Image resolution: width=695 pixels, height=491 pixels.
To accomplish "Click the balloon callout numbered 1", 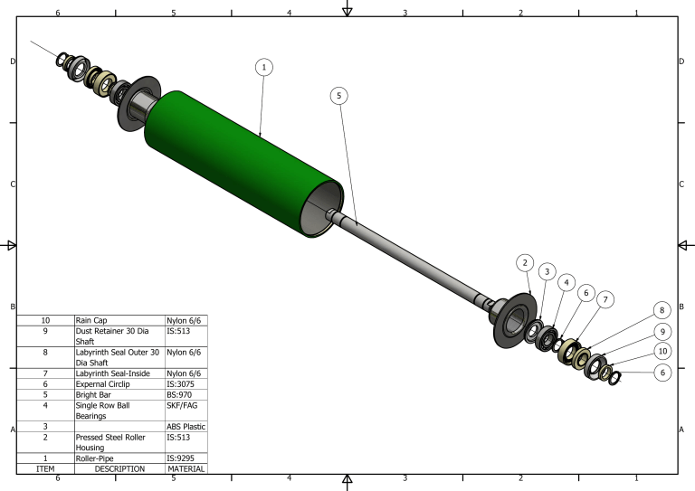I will point(263,67).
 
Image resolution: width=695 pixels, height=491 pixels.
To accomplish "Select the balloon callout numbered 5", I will point(339,95).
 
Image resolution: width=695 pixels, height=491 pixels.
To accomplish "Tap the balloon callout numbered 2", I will point(524,263).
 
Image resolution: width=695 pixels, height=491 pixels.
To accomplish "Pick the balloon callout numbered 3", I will point(546,271).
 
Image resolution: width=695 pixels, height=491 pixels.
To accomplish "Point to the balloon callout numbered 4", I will point(566,282).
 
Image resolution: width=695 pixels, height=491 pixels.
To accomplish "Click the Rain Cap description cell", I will point(119,320).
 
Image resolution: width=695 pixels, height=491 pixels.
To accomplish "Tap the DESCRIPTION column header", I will point(119,468).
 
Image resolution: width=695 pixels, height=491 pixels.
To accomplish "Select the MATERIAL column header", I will point(186,468).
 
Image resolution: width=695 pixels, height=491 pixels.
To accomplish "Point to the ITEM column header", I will point(45,468).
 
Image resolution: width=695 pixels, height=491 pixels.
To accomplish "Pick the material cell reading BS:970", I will point(186,395).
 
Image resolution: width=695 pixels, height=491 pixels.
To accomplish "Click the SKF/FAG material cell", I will point(186,411).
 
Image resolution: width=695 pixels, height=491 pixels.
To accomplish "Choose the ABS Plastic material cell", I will point(186,427).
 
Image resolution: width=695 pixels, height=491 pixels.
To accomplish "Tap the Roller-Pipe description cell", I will point(119,458).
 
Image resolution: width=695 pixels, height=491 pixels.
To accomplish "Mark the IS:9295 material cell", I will point(186,458).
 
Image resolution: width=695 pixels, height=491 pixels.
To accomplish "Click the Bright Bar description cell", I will point(119,395).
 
